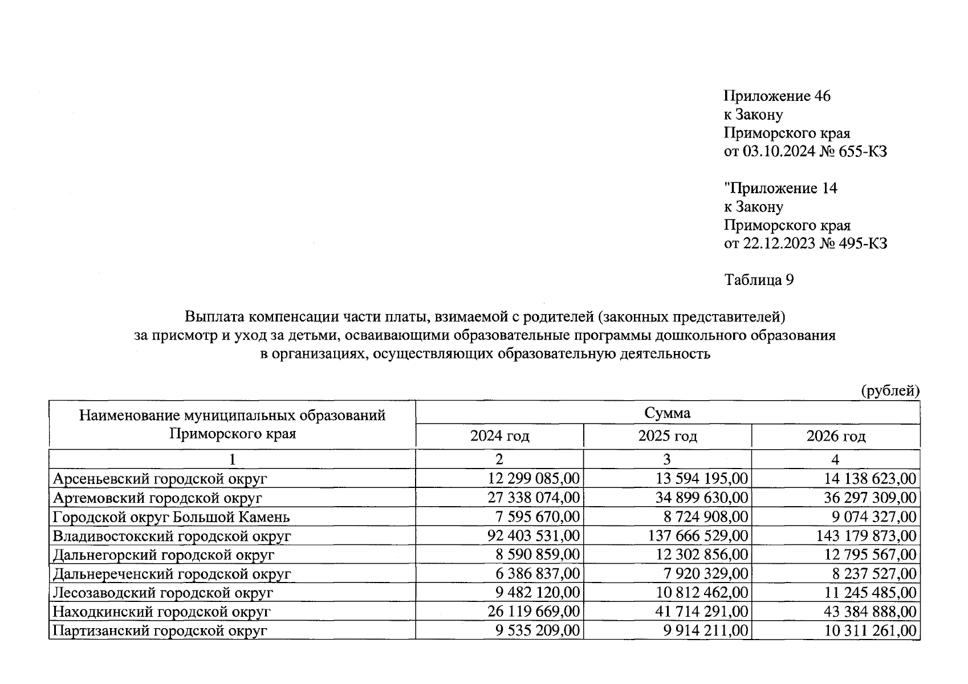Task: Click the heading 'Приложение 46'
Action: tap(776, 96)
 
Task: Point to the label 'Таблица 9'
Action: tap(759, 280)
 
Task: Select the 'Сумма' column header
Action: tap(667, 413)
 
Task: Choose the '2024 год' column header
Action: tap(499, 437)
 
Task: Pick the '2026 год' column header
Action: tap(835, 437)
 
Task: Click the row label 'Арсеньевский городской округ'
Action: tap(160, 479)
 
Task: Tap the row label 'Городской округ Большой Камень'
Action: tap(171, 517)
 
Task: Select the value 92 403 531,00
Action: tap(534, 536)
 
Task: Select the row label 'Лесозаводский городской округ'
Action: tap(162, 593)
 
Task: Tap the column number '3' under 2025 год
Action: tap(667, 459)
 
